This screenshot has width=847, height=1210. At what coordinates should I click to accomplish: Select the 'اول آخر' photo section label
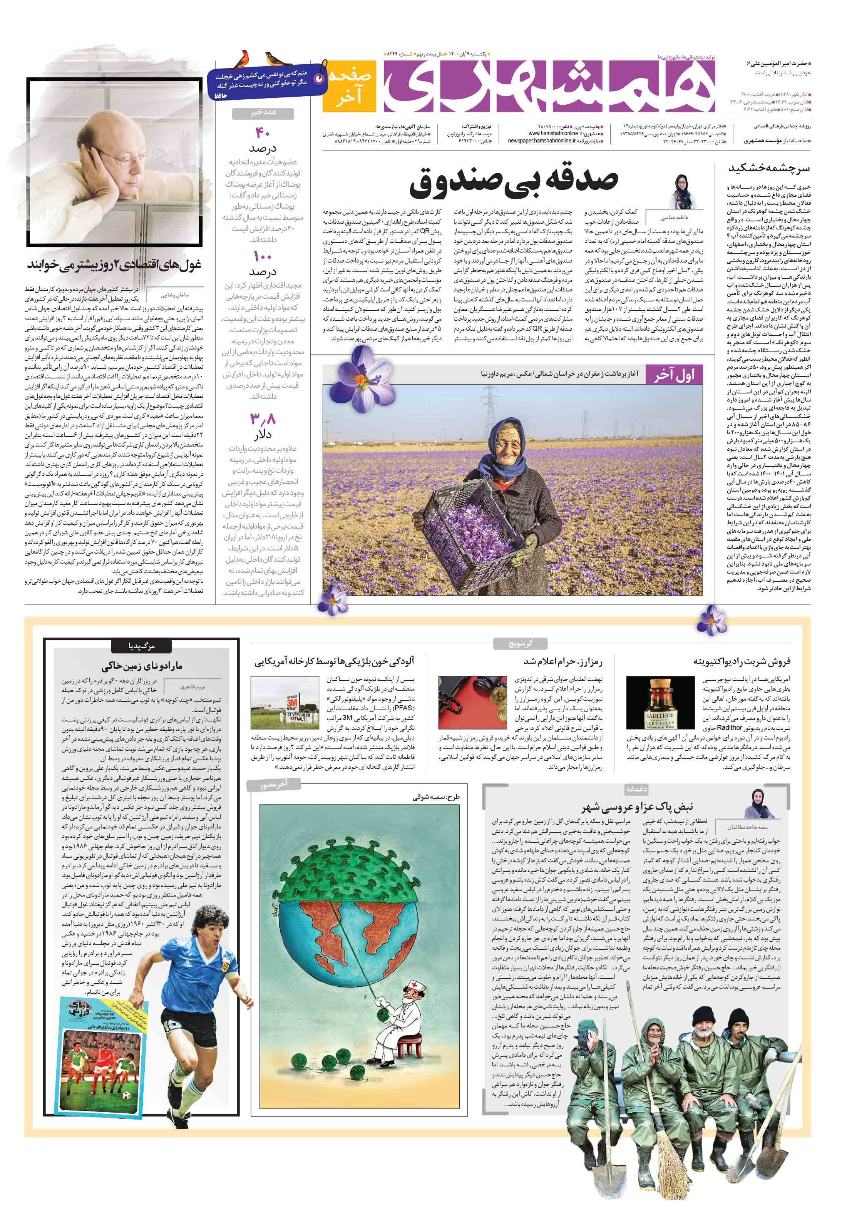pos(674,374)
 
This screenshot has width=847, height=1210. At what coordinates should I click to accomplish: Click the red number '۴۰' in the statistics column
pos(262,132)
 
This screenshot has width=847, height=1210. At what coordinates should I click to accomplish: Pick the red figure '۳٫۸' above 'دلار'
pos(262,419)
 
